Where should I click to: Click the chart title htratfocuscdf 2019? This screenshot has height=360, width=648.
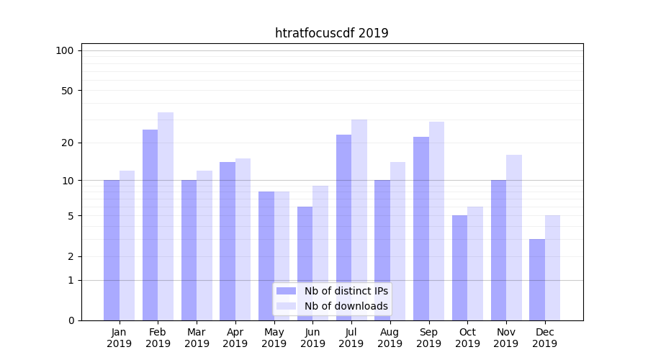pyautogui.click(x=332, y=33)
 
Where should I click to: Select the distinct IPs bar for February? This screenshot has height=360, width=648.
pyautogui.click(x=150, y=225)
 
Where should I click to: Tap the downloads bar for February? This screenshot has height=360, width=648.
pyautogui.click(x=166, y=216)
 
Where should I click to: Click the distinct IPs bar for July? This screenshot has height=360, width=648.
pyautogui.click(x=343, y=228)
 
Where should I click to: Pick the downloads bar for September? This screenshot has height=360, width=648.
pyautogui.click(x=436, y=221)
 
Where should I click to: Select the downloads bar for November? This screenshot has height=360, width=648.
pyautogui.click(x=514, y=238)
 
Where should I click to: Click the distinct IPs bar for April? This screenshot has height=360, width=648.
pyautogui.click(x=228, y=241)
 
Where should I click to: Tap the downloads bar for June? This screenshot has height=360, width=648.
pyautogui.click(x=320, y=253)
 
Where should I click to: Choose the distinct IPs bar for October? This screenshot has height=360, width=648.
pyautogui.click(x=459, y=268)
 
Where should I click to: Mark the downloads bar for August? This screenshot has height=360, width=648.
pyautogui.click(x=398, y=241)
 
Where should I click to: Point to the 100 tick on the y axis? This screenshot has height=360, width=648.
pyautogui.click(x=65, y=50)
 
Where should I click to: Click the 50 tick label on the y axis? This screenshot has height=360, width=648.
pyautogui.click(x=68, y=91)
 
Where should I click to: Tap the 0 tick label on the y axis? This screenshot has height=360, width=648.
pyautogui.click(x=71, y=320)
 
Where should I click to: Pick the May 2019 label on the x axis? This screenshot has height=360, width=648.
pyautogui.click(x=274, y=338)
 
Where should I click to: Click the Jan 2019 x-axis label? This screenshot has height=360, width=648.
pyautogui.click(x=120, y=338)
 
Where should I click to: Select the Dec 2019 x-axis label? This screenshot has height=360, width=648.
pyautogui.click(x=544, y=338)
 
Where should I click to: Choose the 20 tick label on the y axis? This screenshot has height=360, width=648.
pyautogui.click(x=68, y=143)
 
